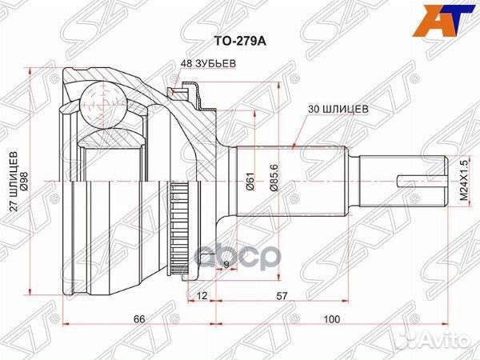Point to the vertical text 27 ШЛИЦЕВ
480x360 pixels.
coord(14,183)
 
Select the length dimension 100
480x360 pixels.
coord(330,320)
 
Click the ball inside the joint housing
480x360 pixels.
coord(102,103)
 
